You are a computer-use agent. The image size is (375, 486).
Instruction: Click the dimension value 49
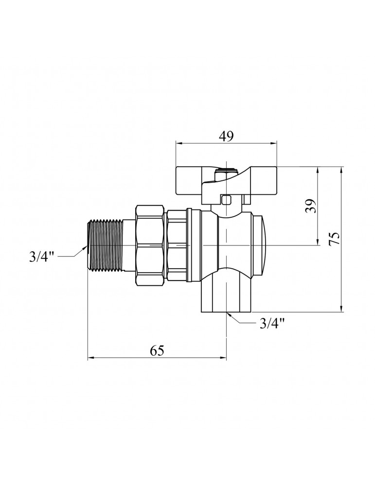point(226,136)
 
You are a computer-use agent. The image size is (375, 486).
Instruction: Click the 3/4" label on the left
point(42,257)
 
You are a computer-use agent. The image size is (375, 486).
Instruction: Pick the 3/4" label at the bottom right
point(272,324)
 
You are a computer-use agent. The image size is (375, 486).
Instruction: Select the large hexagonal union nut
point(150,245)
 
